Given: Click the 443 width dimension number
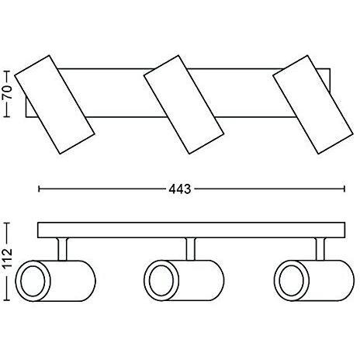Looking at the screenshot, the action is coord(180,189).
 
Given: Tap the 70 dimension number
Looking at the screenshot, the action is coord(7,92).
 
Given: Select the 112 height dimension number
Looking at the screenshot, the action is coord(7,258).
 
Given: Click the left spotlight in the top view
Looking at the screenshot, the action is coord(54,105).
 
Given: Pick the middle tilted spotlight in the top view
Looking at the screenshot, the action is coord(184,105).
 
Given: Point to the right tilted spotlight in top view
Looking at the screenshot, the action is coord(313,105).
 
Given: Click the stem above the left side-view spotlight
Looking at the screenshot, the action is coord(63,249).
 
